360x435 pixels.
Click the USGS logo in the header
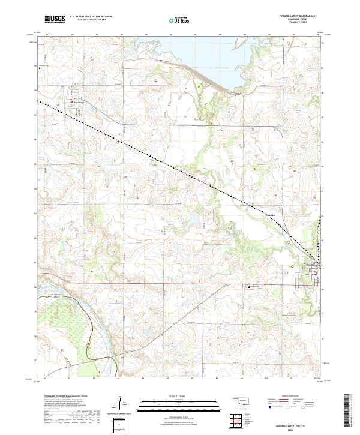pyautogui.click(x=55, y=20)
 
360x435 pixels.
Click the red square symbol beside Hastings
pyautogui.click(x=73, y=102)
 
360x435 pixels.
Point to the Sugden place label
pyautogui.click(x=269, y=213)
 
